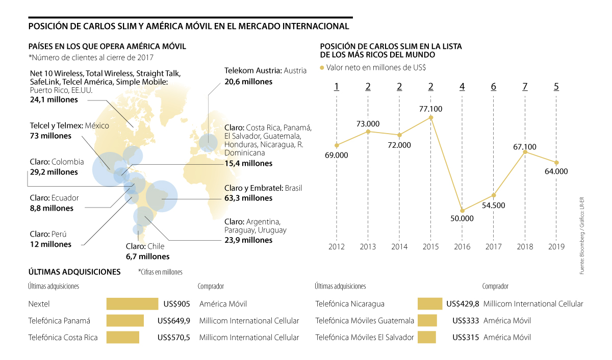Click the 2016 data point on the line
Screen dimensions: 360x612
462,210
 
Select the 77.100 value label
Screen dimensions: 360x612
431,109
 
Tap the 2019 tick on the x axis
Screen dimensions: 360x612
556,247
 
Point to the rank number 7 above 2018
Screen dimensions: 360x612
525,87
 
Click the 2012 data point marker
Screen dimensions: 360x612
337,145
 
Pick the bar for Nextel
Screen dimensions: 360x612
132,304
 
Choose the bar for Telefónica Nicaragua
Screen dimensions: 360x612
429,304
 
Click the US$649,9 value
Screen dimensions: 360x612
174,321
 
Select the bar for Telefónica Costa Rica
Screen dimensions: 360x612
122,338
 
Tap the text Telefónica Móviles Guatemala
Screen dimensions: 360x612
365,321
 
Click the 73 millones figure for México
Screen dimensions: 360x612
51,136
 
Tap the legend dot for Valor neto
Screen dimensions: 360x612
321,67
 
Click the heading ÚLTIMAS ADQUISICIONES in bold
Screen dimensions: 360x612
74,272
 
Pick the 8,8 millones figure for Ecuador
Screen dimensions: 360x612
52,208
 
